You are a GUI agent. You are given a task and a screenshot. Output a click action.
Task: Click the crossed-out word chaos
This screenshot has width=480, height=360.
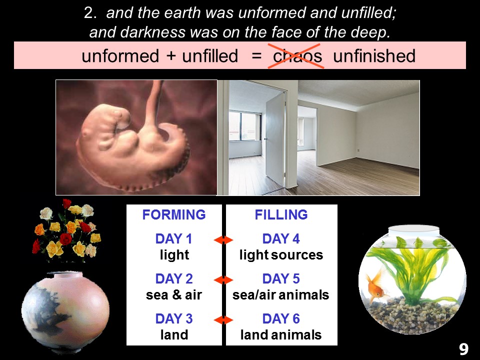tap(297, 56)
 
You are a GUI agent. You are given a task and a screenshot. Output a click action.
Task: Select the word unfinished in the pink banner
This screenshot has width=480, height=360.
tap(374, 55)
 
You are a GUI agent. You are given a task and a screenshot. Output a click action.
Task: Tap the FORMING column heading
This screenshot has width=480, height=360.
tap(174, 214)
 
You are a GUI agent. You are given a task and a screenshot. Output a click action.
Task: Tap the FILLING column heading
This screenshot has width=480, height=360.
tap(281, 214)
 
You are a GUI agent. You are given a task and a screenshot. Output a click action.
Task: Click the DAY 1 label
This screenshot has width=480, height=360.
tap(174, 239)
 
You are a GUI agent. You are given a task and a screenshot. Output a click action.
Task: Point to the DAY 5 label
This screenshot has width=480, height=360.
tap(281, 279)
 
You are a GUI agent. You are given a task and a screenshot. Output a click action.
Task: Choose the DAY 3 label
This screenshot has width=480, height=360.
tap(174, 318)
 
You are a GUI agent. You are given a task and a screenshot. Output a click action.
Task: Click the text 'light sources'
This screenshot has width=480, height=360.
tap(281, 254)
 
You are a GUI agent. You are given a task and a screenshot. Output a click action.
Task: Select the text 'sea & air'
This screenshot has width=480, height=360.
tap(174, 295)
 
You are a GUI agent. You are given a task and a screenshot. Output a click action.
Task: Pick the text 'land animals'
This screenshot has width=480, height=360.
tap(281, 334)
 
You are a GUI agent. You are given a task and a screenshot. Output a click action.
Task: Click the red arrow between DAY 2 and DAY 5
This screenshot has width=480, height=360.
tap(223, 280)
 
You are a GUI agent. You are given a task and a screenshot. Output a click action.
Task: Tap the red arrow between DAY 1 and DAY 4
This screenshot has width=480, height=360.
tap(223, 240)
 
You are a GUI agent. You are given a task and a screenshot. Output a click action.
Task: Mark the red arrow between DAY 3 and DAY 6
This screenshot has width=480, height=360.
tap(223, 320)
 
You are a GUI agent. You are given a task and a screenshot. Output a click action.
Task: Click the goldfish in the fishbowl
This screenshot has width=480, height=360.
tap(375, 286)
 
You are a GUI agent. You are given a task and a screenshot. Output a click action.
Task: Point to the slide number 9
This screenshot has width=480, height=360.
tap(463, 349)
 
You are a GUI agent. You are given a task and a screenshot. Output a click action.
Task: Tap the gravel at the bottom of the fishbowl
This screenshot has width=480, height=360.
tap(411, 315)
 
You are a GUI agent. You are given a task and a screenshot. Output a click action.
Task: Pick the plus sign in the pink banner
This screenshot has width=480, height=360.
tap(171, 56)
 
